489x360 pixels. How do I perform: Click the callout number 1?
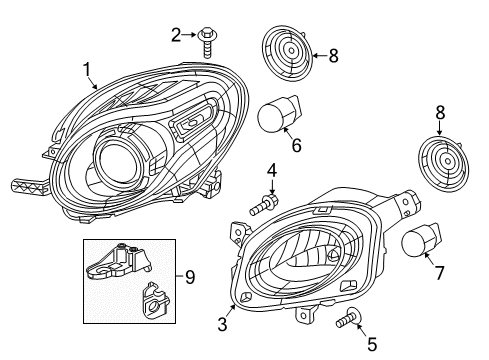(x=88, y=68)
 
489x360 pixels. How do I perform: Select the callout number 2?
(x=176, y=36)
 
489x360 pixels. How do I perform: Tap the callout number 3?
(x=223, y=323)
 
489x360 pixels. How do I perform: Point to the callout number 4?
(x=271, y=172)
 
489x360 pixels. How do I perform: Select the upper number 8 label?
(x=333, y=56)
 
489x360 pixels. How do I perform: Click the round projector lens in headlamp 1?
(x=115, y=161)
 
